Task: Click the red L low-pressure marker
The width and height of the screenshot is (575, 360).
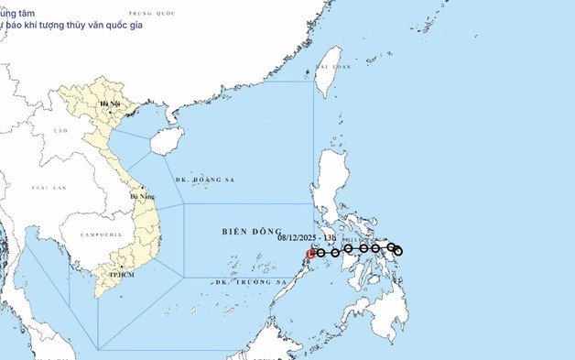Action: pos(311,253)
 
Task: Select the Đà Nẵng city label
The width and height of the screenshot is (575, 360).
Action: pos(142,196)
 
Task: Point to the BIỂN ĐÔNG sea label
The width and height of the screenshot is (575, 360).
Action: pos(247,233)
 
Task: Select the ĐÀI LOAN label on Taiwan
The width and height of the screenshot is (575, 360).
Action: pos(333,67)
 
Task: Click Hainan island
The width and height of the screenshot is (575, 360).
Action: pos(160,140)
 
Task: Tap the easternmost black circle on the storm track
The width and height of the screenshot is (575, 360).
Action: pos(398,251)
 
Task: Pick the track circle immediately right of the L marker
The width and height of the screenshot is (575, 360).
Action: pos(321,252)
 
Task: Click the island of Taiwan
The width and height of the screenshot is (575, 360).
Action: pos(323,80)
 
